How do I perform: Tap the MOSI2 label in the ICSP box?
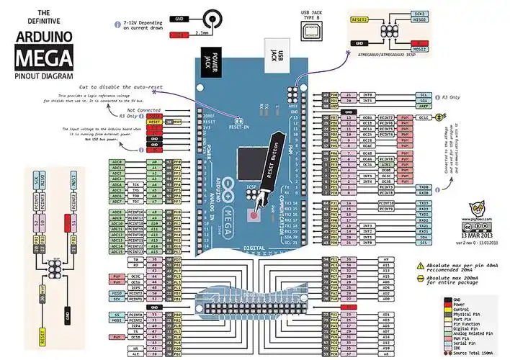coord(419,50)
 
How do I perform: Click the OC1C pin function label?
coord(425,117)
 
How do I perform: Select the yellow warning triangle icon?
coord(421,265)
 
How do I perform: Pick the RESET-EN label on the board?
coord(239,126)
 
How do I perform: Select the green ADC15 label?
coord(117,252)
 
